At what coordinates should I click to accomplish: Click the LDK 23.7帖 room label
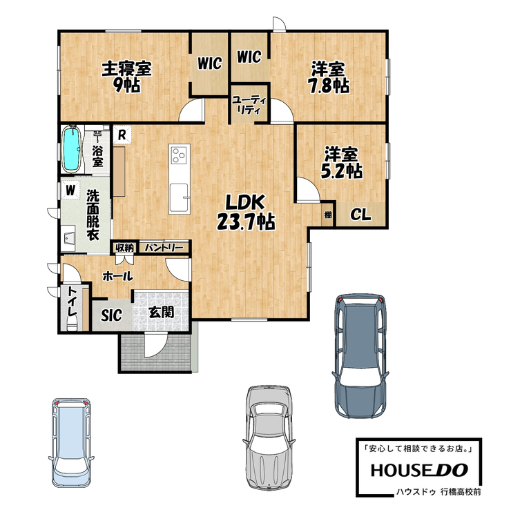coord(246,212)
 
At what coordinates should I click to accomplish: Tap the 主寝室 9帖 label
coord(126,77)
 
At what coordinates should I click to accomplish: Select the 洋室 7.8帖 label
coord(329,78)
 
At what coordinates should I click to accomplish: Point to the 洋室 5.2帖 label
coord(341,163)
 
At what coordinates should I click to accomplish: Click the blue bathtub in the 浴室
coord(72,150)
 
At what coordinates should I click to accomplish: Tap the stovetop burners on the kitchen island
coord(180,155)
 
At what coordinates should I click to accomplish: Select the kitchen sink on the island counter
coord(180,199)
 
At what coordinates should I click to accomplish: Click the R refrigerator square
coord(122,135)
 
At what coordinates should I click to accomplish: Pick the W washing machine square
coord(70,190)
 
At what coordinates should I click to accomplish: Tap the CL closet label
coord(360,215)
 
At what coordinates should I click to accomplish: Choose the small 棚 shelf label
coord(328,215)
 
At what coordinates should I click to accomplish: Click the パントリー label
coord(164,248)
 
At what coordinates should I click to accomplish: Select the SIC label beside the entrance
coord(112,315)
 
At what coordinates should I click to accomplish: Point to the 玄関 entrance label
coord(162,313)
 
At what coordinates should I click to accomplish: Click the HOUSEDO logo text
coord(419,470)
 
